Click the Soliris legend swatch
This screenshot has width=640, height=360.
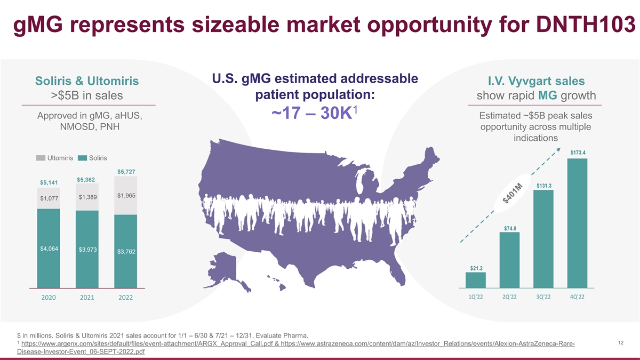click(82, 158)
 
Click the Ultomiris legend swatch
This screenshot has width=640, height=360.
click(41, 158)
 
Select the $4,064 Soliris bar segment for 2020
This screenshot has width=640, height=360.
click(49, 249)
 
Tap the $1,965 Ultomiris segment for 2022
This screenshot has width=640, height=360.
click(126, 195)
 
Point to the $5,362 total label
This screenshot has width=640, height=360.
click(86, 180)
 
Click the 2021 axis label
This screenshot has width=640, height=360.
click(87, 298)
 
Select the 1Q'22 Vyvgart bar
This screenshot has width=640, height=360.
click(476, 280)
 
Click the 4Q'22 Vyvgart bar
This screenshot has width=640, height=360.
click(578, 223)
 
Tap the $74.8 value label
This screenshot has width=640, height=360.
click(510, 228)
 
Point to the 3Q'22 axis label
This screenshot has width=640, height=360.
click(543, 297)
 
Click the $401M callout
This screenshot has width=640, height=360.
click(513, 194)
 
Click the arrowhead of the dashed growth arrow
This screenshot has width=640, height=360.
click(558, 149)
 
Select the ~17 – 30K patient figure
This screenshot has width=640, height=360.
click(314, 113)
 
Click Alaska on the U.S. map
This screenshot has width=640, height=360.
click(226, 270)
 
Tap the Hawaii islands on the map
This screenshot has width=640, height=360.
click(277, 283)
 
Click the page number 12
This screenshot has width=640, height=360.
click(621, 343)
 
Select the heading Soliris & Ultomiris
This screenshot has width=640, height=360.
click(87, 81)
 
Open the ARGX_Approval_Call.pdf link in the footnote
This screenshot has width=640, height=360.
click(147, 343)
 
